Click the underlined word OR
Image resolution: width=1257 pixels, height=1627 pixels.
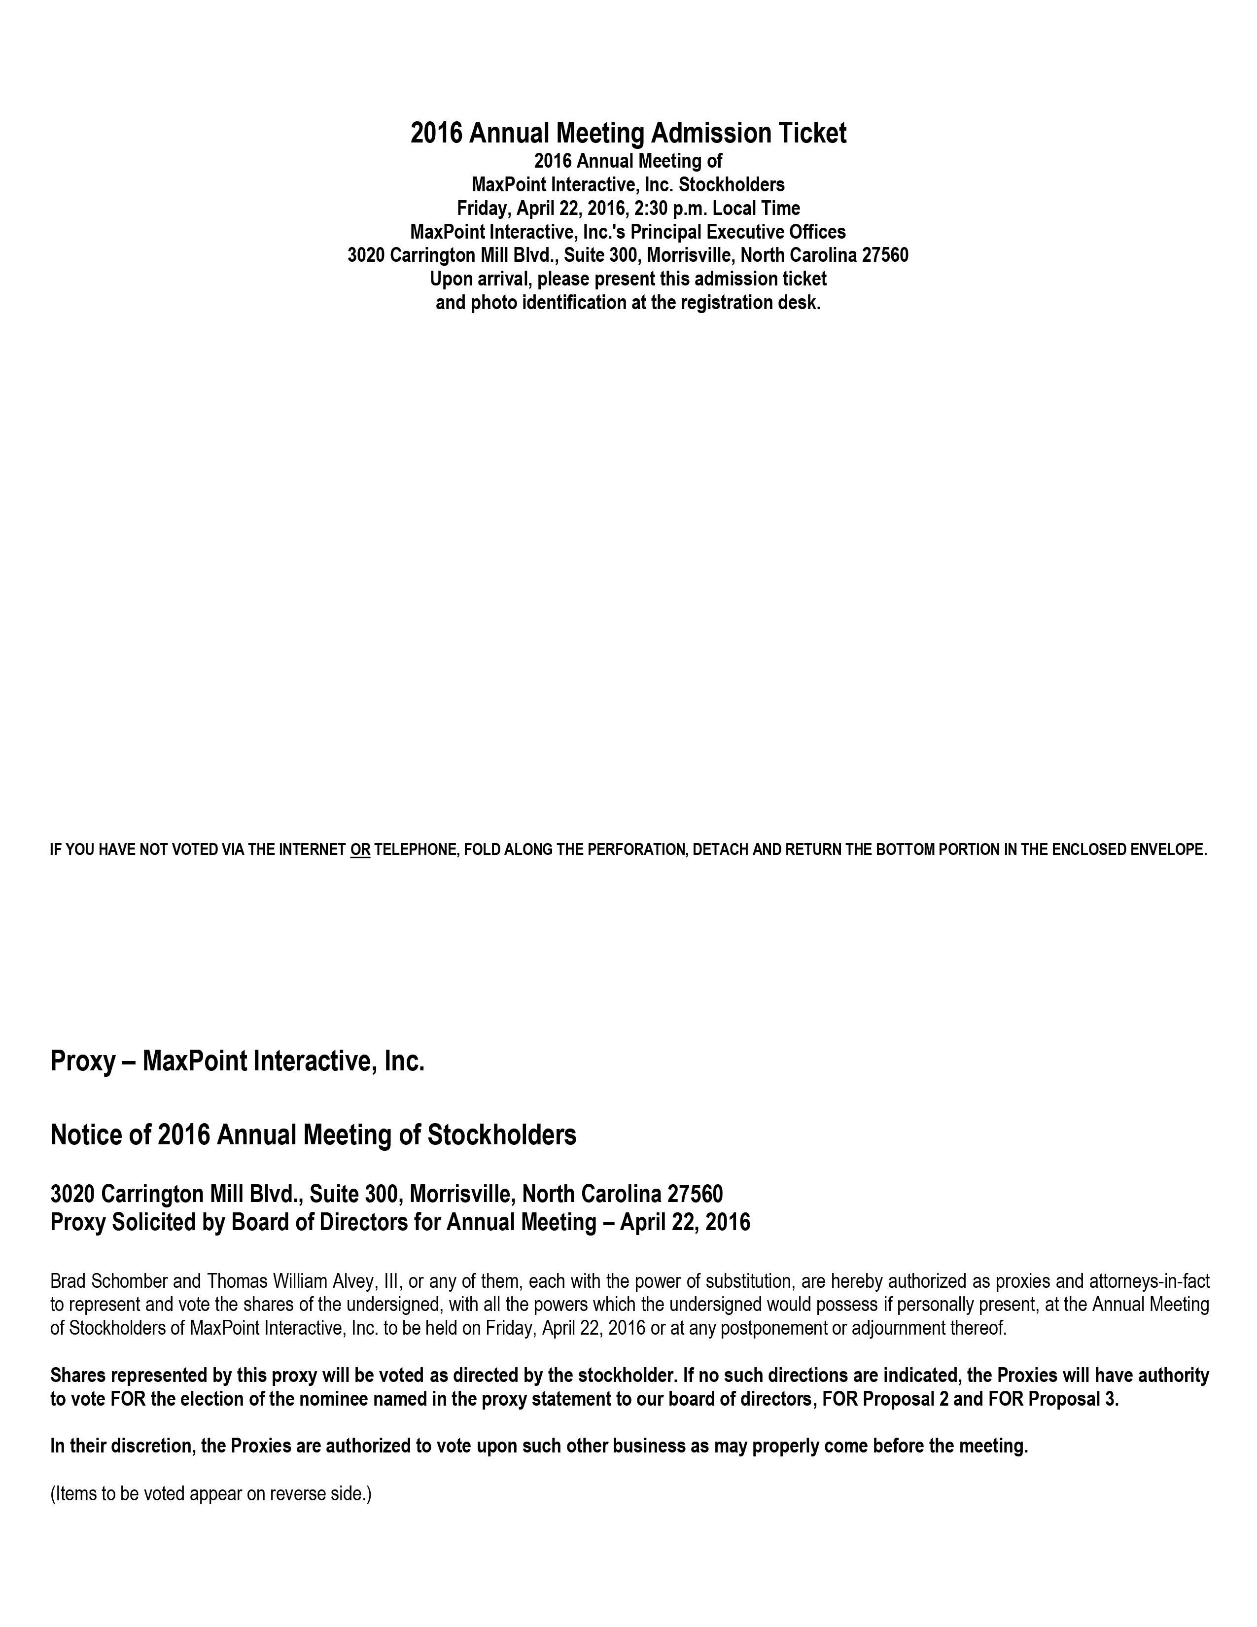click(360, 849)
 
